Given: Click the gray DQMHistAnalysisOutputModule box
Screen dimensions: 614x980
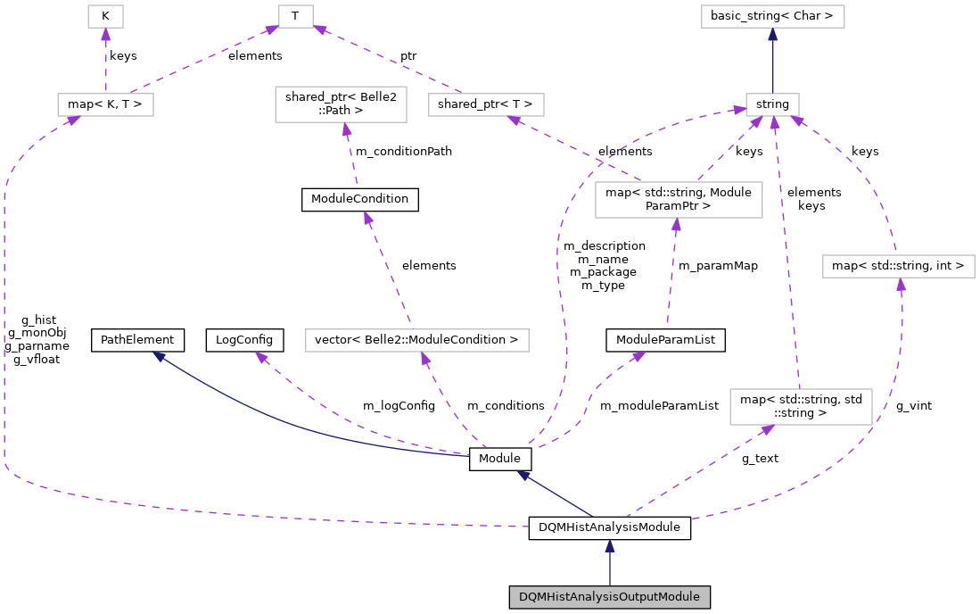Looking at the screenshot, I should pyautogui.click(x=609, y=597).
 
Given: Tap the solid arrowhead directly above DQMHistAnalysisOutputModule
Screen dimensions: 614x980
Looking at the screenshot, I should pyautogui.click(x=609, y=546).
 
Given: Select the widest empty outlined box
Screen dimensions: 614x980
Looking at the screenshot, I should pyautogui.click(x=416, y=340).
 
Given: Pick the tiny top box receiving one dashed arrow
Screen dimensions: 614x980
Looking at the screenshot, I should pyautogui.click(x=105, y=16).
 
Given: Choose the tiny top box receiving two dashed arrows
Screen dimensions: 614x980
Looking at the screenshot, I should pyautogui.click(x=295, y=16).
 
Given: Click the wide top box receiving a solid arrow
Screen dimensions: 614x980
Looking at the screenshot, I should pyautogui.click(x=772, y=16).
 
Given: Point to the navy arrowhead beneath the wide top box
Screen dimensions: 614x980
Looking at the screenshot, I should pyautogui.click(x=772, y=35).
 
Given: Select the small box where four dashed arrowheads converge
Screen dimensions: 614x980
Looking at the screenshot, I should pyautogui.click(x=772, y=104).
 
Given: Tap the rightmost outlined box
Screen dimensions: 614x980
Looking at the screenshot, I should pyautogui.click(x=898, y=266).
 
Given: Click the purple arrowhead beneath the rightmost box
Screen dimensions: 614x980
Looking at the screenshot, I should pyautogui.click(x=901, y=285).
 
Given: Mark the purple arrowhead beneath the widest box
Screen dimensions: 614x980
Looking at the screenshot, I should pyautogui.click(x=425, y=359).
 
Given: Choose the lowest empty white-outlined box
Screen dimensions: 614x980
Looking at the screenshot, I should pyautogui.click(x=800, y=406).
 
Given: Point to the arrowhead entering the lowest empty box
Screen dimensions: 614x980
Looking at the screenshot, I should pyautogui.click(x=766, y=430).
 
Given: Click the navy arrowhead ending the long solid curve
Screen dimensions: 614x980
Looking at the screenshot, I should pyautogui.click(x=159, y=356).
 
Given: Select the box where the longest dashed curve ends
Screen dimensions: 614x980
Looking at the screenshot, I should pyautogui.click(x=105, y=104).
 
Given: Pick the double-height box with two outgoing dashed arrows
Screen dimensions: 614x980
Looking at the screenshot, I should pyautogui.click(x=679, y=199).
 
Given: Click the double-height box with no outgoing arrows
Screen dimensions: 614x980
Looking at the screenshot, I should pyautogui.click(x=341, y=104).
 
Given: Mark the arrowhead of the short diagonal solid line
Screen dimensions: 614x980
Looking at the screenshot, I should pyautogui.click(x=523, y=476).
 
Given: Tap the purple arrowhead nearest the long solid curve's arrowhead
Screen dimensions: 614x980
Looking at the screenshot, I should pyautogui.click(x=261, y=357).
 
